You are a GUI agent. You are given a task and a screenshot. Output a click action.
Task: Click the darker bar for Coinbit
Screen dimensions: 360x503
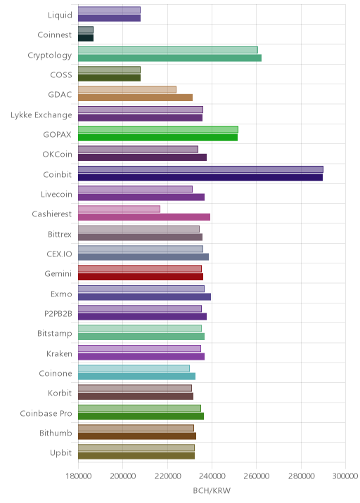(200, 178)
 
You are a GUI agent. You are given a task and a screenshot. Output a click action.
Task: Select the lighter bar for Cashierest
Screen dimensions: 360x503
(119, 209)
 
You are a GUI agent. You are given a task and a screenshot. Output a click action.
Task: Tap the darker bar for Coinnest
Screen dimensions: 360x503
(86, 38)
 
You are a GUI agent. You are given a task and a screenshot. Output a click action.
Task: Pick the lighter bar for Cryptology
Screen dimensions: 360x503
(168, 50)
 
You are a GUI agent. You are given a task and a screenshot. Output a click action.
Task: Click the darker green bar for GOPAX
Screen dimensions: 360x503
(158, 138)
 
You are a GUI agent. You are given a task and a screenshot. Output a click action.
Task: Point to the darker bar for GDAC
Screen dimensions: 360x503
(136, 98)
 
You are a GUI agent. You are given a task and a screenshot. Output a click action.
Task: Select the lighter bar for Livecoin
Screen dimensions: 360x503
(136, 189)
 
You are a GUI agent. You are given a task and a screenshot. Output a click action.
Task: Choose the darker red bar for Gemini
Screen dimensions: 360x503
(141, 277)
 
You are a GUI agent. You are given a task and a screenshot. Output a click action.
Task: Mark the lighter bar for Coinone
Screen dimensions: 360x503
(134, 368)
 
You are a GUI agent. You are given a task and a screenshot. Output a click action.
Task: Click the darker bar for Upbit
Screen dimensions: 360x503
(136, 456)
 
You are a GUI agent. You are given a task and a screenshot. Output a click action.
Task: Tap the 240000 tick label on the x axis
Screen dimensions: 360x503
(212, 476)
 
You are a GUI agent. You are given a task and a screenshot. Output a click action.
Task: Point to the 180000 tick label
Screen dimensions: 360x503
(78, 476)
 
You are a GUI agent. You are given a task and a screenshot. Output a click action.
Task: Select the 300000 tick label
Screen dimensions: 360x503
(345, 476)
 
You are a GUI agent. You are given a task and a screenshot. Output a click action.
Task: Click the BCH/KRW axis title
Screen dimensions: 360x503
(212, 490)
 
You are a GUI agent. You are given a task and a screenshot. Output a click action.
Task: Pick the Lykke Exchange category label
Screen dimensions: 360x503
(41, 115)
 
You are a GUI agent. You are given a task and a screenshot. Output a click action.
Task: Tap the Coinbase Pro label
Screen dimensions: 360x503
(46, 414)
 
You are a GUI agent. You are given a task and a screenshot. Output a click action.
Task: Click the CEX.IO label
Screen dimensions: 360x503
(59, 254)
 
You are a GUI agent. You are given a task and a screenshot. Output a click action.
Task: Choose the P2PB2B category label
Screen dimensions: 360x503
(58, 314)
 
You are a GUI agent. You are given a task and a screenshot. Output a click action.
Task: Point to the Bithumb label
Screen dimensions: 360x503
(56, 433)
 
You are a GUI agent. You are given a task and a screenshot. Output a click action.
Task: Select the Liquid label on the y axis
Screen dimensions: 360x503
(60, 15)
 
